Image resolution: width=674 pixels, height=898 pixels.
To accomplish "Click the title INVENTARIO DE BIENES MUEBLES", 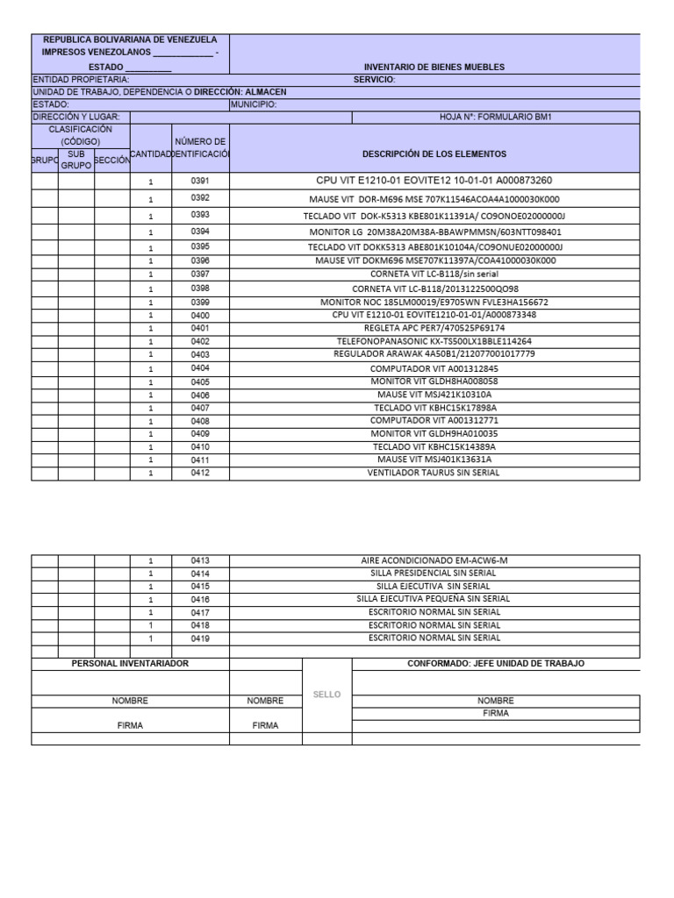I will (434, 68).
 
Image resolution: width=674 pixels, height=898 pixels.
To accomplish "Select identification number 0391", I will (200, 181).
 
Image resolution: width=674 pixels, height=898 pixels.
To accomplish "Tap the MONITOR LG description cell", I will (434, 232).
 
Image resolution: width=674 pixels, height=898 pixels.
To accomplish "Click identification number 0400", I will (200, 315).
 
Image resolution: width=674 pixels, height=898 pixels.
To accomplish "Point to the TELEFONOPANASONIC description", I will (434, 341).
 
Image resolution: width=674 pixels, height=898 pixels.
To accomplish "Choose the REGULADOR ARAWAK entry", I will (434, 354).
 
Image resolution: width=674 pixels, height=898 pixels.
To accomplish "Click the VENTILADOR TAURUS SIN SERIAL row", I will (434, 473).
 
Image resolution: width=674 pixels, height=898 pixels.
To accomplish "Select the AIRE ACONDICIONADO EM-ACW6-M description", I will (434, 560).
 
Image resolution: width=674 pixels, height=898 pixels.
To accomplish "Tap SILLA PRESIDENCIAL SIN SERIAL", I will (434, 574).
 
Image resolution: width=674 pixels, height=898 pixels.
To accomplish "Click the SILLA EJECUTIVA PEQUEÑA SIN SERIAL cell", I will (434, 599).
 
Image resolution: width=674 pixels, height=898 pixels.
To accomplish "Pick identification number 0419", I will (200, 638).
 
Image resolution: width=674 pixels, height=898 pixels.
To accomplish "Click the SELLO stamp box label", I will (326, 695).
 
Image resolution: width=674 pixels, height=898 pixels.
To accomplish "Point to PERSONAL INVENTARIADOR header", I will (130, 664).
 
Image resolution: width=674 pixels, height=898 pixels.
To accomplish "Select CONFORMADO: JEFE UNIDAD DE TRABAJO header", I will (496, 664).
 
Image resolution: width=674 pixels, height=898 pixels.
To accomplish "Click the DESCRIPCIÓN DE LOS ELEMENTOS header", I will (434, 154).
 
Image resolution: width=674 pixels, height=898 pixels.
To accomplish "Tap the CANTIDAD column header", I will (150, 154).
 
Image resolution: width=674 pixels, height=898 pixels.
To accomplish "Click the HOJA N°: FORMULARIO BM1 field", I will (496, 117).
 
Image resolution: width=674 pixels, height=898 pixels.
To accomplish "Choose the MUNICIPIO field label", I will (255, 104).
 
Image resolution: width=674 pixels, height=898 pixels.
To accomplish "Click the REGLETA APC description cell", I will (434, 328).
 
